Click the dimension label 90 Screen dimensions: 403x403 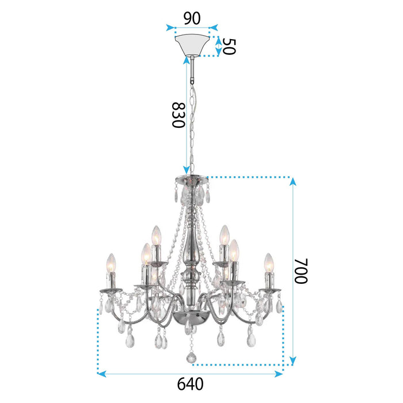192,17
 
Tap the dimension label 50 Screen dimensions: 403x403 229,47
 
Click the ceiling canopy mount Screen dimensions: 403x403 192,45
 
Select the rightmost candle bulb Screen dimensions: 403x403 268,263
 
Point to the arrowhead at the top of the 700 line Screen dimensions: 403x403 293,182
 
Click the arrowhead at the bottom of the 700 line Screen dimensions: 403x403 293,362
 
